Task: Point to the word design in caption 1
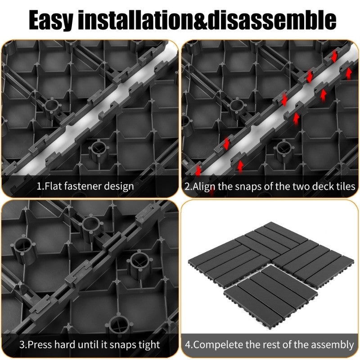click(x=119, y=186)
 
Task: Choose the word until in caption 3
click(x=93, y=345)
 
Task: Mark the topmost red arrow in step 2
click(x=334, y=56)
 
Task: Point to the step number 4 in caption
click(x=188, y=345)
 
